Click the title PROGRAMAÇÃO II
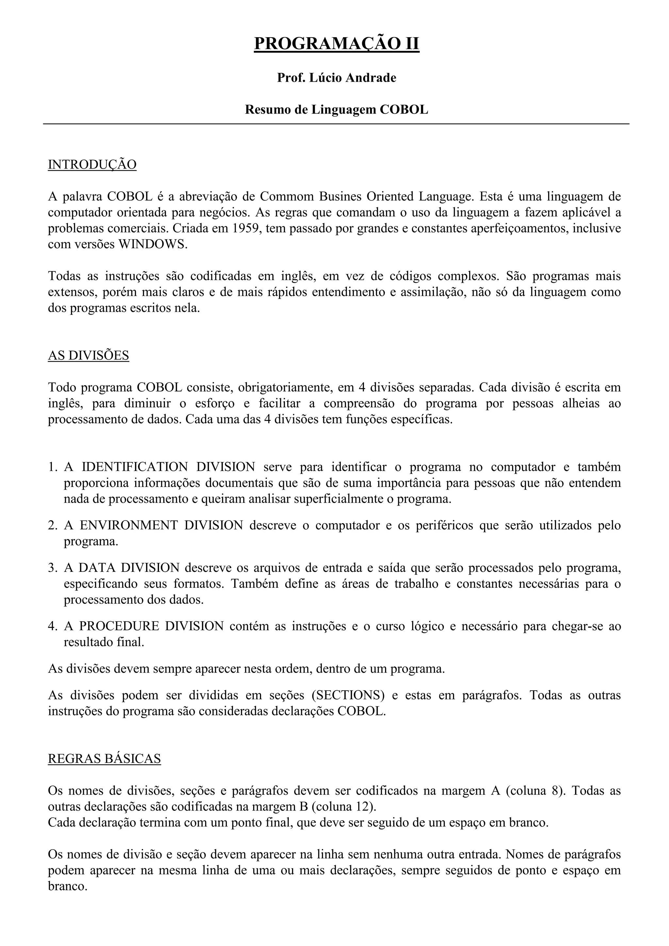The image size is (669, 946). (336, 44)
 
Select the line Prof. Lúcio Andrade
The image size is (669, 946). (336, 77)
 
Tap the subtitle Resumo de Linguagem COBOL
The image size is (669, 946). (336, 110)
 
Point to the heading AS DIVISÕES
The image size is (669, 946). (88, 355)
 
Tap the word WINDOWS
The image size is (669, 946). (153, 244)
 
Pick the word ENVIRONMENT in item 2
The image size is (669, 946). (129, 525)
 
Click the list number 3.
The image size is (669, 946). (52, 568)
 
